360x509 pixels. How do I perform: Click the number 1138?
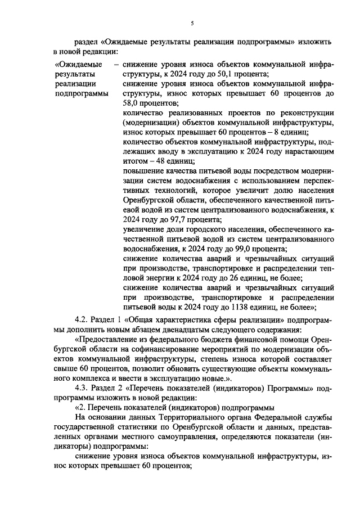[236, 307]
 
